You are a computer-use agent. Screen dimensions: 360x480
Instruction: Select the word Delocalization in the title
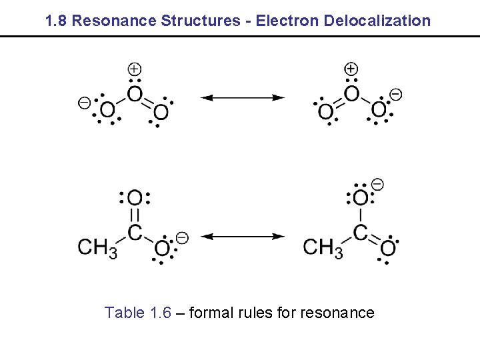pos(377,20)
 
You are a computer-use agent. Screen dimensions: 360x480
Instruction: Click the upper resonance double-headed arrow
pos(243,98)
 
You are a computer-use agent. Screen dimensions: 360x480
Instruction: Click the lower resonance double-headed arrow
pos(243,236)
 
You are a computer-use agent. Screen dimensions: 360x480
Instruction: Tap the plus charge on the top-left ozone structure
pos(135,69)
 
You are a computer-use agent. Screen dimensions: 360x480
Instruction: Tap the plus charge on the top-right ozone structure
pos(351,69)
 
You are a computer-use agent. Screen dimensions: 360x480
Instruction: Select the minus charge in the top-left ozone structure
pos(84,102)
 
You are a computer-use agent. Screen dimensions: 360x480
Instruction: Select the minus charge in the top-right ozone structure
pos(395,94)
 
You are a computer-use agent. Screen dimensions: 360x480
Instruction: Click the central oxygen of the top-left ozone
pos(135,94)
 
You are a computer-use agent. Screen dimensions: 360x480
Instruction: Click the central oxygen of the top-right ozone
pos(351,94)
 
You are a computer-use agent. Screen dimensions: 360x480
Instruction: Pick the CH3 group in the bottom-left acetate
pos(97,247)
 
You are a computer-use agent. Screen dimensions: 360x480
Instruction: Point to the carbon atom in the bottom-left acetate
pos(135,233)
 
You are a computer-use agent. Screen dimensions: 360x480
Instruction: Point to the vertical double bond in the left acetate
pos(135,215)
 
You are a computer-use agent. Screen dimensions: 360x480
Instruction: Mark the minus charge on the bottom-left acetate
pos(182,237)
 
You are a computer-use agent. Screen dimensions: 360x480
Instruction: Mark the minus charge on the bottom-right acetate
pos(377,183)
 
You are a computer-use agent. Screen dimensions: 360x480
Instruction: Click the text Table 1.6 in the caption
pos(138,313)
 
